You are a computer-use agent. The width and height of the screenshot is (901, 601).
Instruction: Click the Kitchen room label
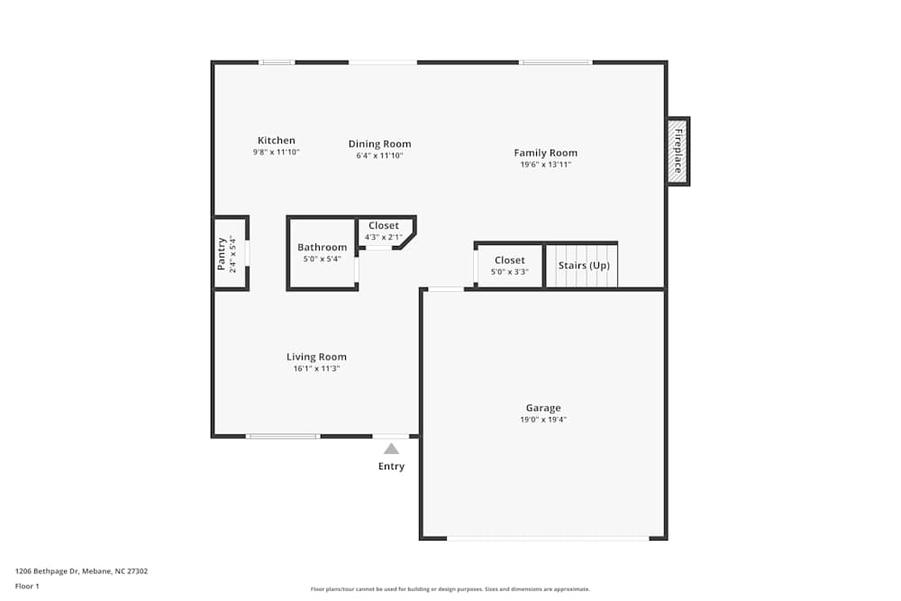(x=276, y=141)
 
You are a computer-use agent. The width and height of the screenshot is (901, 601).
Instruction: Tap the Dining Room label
(x=379, y=144)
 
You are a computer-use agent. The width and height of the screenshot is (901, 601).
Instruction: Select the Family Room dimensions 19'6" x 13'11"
(x=545, y=165)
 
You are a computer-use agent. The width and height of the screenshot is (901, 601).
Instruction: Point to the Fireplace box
(x=678, y=150)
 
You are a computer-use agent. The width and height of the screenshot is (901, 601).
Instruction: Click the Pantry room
(x=229, y=254)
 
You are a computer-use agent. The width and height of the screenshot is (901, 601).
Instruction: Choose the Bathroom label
(x=322, y=248)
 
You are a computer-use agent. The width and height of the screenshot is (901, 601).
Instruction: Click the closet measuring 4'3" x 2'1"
(x=383, y=232)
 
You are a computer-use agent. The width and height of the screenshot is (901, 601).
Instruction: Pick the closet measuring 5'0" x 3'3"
(x=509, y=266)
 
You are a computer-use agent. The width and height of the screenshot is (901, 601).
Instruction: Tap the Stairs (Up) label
(x=584, y=266)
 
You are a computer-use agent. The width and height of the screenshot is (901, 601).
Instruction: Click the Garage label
(x=543, y=408)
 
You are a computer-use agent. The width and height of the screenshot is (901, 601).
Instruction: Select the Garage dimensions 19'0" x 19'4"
(x=543, y=419)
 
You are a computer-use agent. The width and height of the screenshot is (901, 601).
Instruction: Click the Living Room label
(x=316, y=357)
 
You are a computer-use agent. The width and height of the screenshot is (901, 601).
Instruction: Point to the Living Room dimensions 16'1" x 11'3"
(x=316, y=369)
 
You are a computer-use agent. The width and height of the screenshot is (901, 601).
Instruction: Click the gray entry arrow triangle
(x=391, y=449)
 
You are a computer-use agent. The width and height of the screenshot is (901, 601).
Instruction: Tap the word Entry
(x=391, y=467)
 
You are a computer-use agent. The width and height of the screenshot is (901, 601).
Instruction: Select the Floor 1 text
(x=27, y=586)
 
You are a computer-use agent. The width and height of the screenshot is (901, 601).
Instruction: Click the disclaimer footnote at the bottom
(x=450, y=589)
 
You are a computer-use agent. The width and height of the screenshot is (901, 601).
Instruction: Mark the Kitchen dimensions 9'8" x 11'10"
(x=276, y=153)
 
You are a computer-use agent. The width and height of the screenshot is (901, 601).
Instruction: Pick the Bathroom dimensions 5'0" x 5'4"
(x=322, y=260)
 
